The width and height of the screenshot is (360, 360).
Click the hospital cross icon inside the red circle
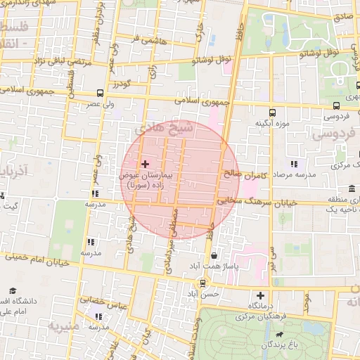tap(146, 163)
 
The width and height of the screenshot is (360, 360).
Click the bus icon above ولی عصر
tap(100, 93)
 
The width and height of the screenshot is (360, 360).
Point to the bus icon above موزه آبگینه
tap(272, 112)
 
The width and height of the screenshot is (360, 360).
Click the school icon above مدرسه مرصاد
tap(293, 163)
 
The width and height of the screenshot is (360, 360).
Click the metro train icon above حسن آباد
tap(203, 284)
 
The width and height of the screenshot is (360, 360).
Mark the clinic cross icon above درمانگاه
tap(261, 296)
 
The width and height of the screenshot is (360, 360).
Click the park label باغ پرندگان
tap(281, 345)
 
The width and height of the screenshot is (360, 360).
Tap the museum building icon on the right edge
tap(352, 188)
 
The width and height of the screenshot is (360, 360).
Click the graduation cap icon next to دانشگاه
tap(13, 290)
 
